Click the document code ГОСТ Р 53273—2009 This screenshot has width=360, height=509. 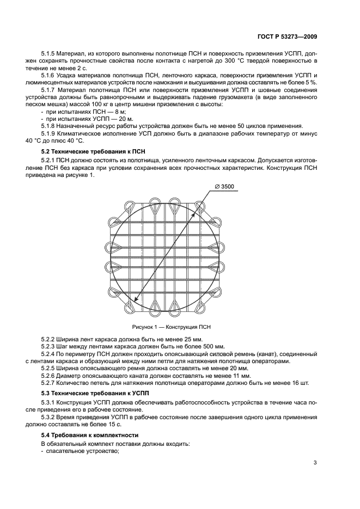(x=287, y=37)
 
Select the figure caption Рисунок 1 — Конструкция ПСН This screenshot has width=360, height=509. (x=170, y=327)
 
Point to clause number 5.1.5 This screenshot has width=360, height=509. (x=50, y=54)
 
